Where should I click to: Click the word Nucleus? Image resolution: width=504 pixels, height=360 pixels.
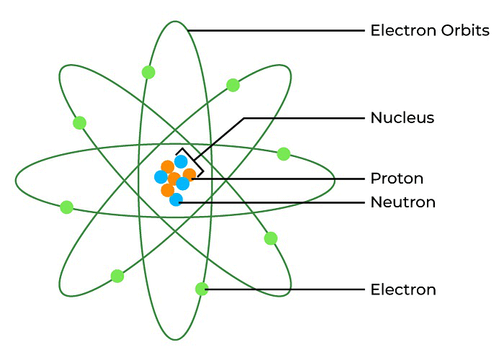point(402,117)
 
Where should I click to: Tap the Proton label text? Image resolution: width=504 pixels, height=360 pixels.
point(396,178)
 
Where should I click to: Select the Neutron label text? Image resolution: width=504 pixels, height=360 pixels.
point(402,202)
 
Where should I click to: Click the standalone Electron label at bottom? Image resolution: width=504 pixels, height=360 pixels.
point(402,290)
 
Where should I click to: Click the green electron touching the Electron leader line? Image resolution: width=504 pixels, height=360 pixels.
point(202,289)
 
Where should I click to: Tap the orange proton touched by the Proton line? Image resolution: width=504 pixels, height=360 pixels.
point(189,174)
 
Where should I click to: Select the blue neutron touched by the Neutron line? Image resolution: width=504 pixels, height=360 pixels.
point(176,200)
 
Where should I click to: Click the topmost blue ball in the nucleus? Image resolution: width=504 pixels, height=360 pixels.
point(181,161)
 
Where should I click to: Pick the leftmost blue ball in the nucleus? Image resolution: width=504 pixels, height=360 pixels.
point(161,176)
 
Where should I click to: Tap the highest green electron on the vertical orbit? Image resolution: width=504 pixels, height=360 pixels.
point(148,72)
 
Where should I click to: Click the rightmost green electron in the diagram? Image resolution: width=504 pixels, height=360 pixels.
point(284,153)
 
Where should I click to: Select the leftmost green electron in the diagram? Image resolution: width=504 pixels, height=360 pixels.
point(67,207)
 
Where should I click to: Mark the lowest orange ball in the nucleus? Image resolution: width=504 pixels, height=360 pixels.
point(168,190)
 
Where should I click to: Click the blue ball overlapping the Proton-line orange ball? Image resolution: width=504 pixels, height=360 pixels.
point(183,184)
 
